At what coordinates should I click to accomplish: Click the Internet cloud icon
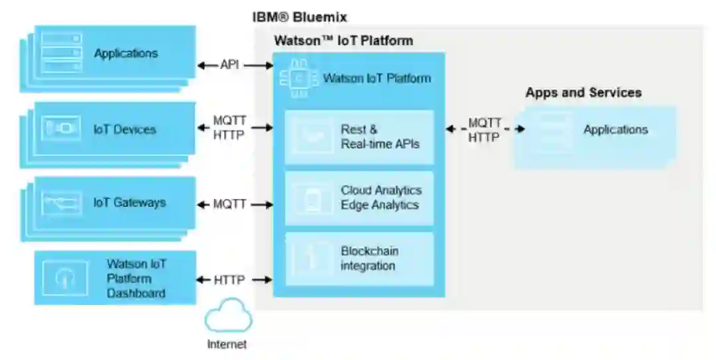(x=228, y=315)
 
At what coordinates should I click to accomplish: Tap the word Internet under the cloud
(x=227, y=345)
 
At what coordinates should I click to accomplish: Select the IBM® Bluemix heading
(x=300, y=17)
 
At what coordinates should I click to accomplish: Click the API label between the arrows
(x=229, y=65)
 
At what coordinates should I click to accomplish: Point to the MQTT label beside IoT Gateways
(x=229, y=204)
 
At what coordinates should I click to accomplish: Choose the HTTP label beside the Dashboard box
(x=229, y=280)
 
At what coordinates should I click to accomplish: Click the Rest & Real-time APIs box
(x=359, y=137)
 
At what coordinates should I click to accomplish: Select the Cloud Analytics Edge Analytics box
(x=359, y=198)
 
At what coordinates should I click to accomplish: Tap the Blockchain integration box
(x=359, y=259)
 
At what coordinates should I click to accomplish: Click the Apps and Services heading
(x=583, y=93)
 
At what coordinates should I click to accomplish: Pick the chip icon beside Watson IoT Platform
(x=299, y=79)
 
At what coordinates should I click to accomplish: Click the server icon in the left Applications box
(x=62, y=52)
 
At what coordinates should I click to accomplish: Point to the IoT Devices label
(x=125, y=130)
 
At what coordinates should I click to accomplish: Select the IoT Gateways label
(x=130, y=203)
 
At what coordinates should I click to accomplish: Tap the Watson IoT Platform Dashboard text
(x=136, y=278)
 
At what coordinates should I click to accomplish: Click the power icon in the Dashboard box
(x=65, y=277)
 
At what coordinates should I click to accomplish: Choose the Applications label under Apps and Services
(x=615, y=130)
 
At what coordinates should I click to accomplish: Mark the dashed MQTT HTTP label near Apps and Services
(x=485, y=130)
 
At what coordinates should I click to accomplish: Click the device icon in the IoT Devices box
(x=62, y=129)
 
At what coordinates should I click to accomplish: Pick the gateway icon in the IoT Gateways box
(x=62, y=203)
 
